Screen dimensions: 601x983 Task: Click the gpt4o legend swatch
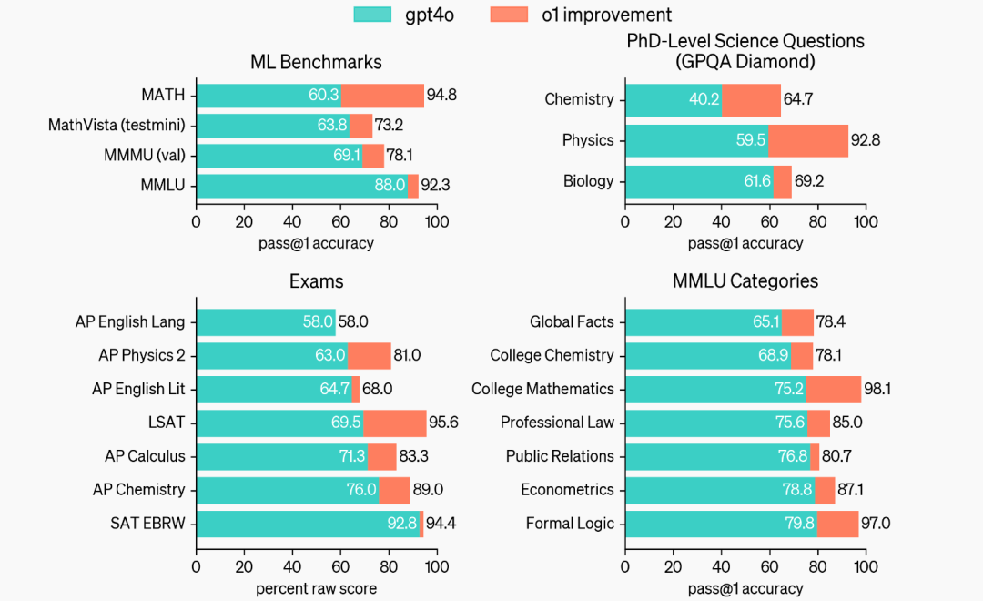(x=372, y=15)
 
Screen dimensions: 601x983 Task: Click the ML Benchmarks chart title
(x=316, y=62)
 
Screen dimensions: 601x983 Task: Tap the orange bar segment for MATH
(x=382, y=96)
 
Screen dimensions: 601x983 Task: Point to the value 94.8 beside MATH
(x=441, y=96)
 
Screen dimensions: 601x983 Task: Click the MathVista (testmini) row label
(x=117, y=126)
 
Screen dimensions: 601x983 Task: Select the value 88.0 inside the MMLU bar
(x=389, y=186)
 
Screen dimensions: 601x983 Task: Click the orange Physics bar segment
(x=807, y=140)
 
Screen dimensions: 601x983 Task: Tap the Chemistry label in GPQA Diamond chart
(x=579, y=99)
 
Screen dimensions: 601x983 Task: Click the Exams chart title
(x=316, y=281)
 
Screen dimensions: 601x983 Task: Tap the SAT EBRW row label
(x=148, y=524)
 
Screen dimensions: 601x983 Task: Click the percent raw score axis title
(x=316, y=588)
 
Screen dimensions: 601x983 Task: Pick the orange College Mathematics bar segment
(x=833, y=389)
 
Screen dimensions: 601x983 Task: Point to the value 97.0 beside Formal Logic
(x=877, y=524)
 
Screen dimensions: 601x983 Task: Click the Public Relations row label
(x=560, y=456)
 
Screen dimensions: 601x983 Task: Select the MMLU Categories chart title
(x=745, y=281)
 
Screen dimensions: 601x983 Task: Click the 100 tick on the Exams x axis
(x=437, y=566)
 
